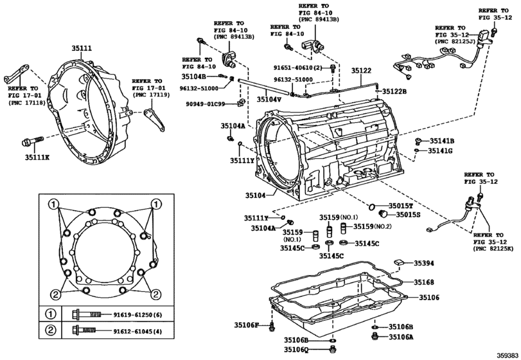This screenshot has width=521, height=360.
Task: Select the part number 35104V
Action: tap(269, 100)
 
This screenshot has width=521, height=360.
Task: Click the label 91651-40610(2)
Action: tap(301, 66)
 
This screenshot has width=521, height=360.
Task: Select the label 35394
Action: tap(423, 263)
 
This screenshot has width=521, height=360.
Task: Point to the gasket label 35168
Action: tap(423, 282)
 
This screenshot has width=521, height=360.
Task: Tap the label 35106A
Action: tap(401, 336)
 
